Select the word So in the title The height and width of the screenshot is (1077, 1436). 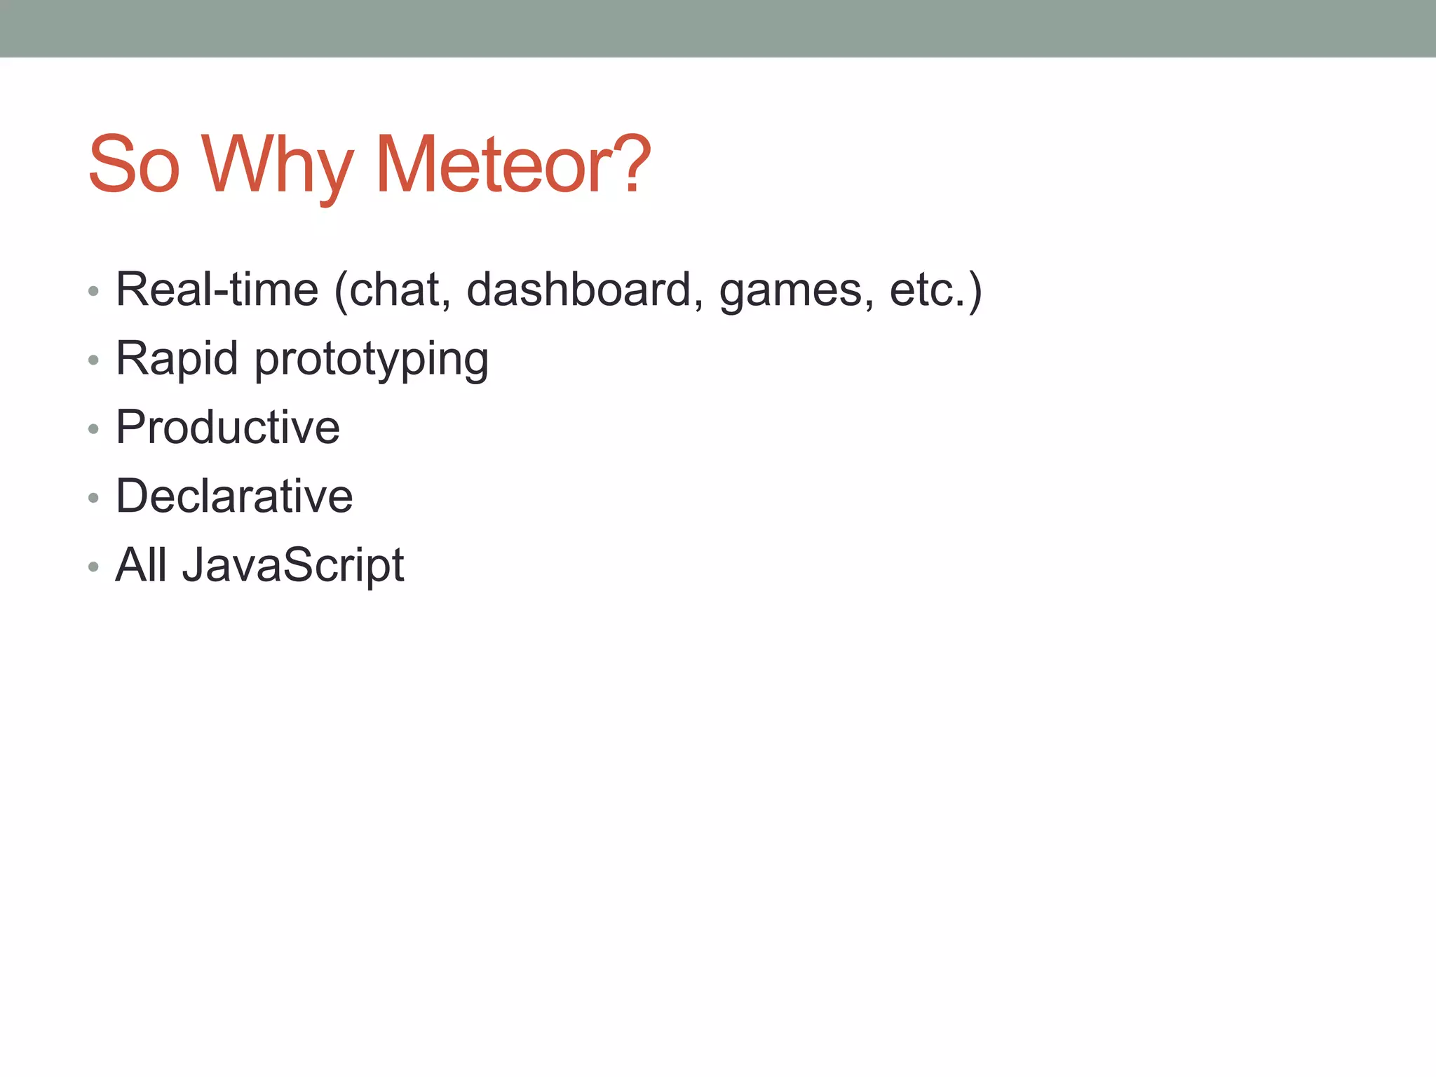[134, 165]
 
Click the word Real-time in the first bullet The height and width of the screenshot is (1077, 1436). [217, 289]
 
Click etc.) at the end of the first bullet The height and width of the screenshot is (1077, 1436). [935, 289]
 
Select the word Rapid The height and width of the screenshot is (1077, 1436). [177, 358]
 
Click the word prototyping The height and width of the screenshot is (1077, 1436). [372, 360]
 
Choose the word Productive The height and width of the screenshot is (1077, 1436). [228, 427]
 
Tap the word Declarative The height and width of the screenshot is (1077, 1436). [234, 496]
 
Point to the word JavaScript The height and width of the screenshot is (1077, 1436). [293, 565]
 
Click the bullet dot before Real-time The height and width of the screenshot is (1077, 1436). [93, 290]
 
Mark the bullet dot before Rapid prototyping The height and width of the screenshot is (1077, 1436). [93, 360]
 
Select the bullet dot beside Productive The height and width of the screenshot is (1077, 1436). [93, 428]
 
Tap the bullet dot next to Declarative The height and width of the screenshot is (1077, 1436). [93, 497]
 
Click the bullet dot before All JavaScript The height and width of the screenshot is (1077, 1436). [93, 566]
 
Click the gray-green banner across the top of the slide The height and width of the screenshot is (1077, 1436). [718, 28]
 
